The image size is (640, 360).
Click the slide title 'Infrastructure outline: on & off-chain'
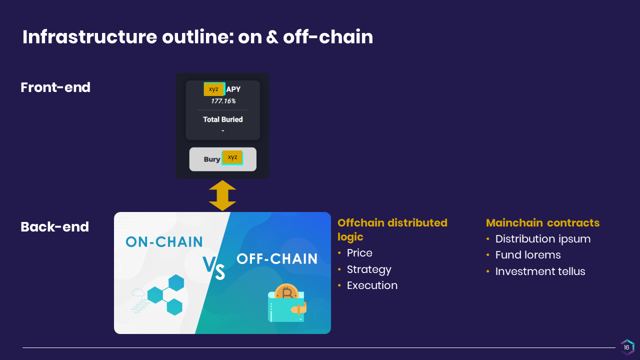[x=197, y=37]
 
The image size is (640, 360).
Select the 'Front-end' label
[x=55, y=87]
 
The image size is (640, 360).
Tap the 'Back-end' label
[x=55, y=227]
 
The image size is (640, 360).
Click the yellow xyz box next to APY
[x=214, y=89]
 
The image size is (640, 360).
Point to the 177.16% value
[x=223, y=101]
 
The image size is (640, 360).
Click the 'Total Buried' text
[x=223, y=119]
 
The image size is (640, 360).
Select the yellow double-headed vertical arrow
[x=222, y=195]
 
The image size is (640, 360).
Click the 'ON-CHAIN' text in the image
[x=164, y=242]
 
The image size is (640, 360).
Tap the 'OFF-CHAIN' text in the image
[x=277, y=259]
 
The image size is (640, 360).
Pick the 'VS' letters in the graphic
[x=213, y=267]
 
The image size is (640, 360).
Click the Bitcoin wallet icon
[x=287, y=303]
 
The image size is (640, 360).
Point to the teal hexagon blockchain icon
[x=165, y=295]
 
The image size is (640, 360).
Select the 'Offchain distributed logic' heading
[x=392, y=229]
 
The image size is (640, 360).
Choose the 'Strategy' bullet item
[x=369, y=269]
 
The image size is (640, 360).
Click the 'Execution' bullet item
[x=372, y=285]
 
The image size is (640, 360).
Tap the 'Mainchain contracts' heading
[x=542, y=223]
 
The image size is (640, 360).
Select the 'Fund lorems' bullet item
[x=528, y=255]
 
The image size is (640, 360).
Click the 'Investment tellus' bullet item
[x=540, y=271]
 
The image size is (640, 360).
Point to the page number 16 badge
[x=627, y=347]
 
